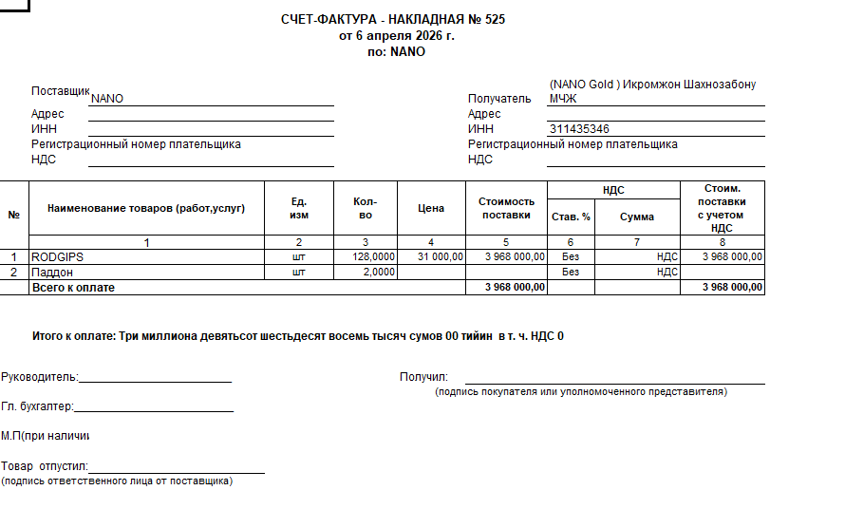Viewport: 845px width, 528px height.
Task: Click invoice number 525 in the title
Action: tap(495, 20)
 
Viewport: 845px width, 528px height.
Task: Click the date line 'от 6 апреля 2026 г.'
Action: tap(397, 36)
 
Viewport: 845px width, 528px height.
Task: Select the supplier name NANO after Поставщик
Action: tap(106, 98)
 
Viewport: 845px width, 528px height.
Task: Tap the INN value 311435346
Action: tap(579, 129)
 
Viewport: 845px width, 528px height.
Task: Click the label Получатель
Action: tap(499, 98)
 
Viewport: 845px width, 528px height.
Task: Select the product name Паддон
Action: tap(54, 272)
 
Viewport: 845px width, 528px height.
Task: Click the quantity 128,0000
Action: tap(373, 256)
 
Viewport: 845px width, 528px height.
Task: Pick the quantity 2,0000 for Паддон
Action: tap(379, 272)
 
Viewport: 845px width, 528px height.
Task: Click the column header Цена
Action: tap(431, 208)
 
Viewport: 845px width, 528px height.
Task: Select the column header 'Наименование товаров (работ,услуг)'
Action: tap(146, 208)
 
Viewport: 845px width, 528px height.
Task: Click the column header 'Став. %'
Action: tap(571, 217)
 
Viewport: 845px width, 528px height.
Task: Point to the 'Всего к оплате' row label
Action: tap(73, 287)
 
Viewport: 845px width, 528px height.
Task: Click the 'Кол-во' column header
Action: tap(365, 208)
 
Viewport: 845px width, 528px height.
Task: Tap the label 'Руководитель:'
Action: tap(39, 377)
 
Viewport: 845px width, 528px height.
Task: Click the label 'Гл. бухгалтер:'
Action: tap(37, 407)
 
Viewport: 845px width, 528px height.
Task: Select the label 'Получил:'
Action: tap(423, 377)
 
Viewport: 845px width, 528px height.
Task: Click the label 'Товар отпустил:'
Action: tap(44, 467)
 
